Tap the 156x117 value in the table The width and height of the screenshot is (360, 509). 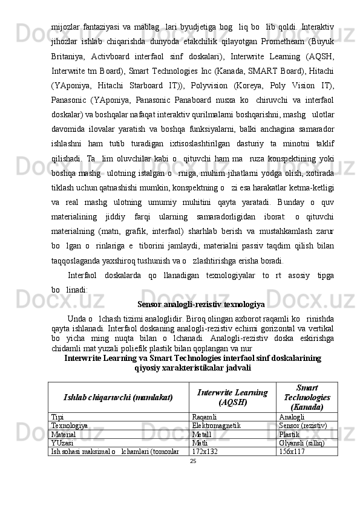coord(291,451)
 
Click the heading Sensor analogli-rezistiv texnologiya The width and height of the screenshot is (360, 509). coord(200,303)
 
